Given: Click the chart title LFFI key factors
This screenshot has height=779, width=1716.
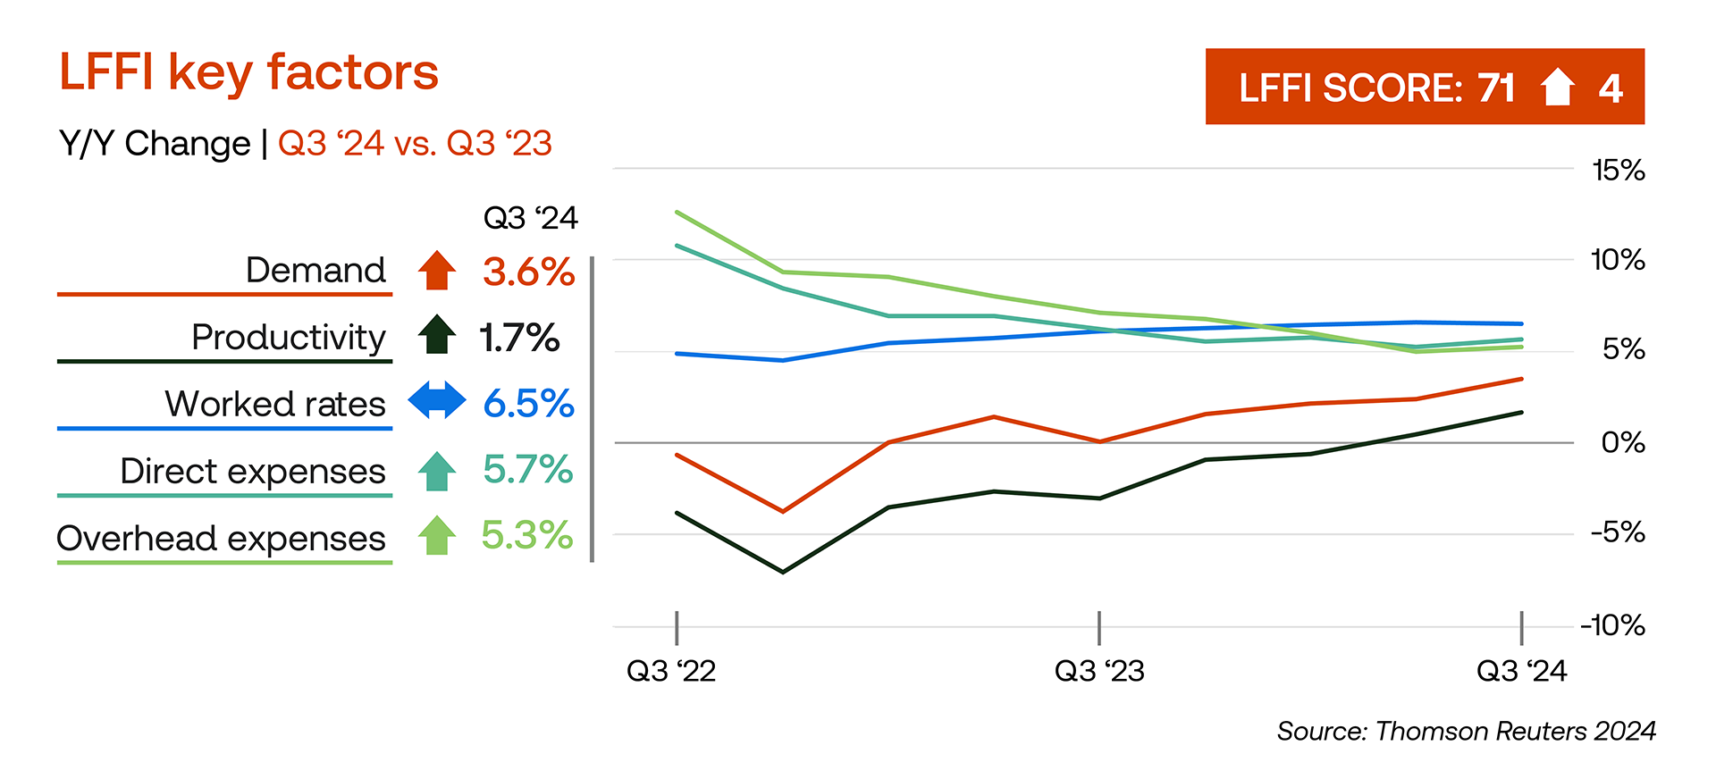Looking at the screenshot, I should tap(248, 73).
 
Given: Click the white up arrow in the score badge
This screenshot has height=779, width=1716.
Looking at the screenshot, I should tap(1558, 88).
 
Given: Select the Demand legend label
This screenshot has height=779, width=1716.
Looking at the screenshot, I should tap(315, 270).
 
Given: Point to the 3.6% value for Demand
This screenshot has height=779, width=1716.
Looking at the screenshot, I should tap(528, 272).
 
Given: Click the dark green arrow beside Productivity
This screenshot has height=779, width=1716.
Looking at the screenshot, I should tap(437, 335).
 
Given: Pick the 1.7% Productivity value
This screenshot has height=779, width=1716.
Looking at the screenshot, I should tap(519, 338).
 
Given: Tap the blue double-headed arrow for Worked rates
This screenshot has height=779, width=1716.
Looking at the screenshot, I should tap(437, 400).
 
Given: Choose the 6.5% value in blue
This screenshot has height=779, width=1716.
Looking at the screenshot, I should tap(528, 404).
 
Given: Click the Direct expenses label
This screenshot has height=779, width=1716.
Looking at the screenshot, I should tap(253, 471).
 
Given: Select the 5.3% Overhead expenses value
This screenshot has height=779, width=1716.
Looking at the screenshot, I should tap(527, 536).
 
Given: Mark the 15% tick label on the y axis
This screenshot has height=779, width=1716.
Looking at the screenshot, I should tap(1618, 170).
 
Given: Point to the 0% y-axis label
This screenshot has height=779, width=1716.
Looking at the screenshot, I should tap(1623, 442).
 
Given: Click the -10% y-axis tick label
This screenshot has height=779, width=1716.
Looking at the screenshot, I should tap(1613, 625).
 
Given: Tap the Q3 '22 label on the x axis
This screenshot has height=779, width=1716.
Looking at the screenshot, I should tap(671, 671).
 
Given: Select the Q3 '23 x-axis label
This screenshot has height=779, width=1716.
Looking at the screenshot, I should tap(1099, 671).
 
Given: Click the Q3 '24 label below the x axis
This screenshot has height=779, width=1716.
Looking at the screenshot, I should tap(1521, 671).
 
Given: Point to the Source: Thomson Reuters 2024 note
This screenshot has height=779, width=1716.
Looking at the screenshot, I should tap(1466, 732).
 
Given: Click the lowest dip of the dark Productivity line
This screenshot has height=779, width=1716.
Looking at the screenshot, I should tap(783, 572).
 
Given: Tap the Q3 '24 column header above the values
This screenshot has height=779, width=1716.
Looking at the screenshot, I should tap(530, 218).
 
